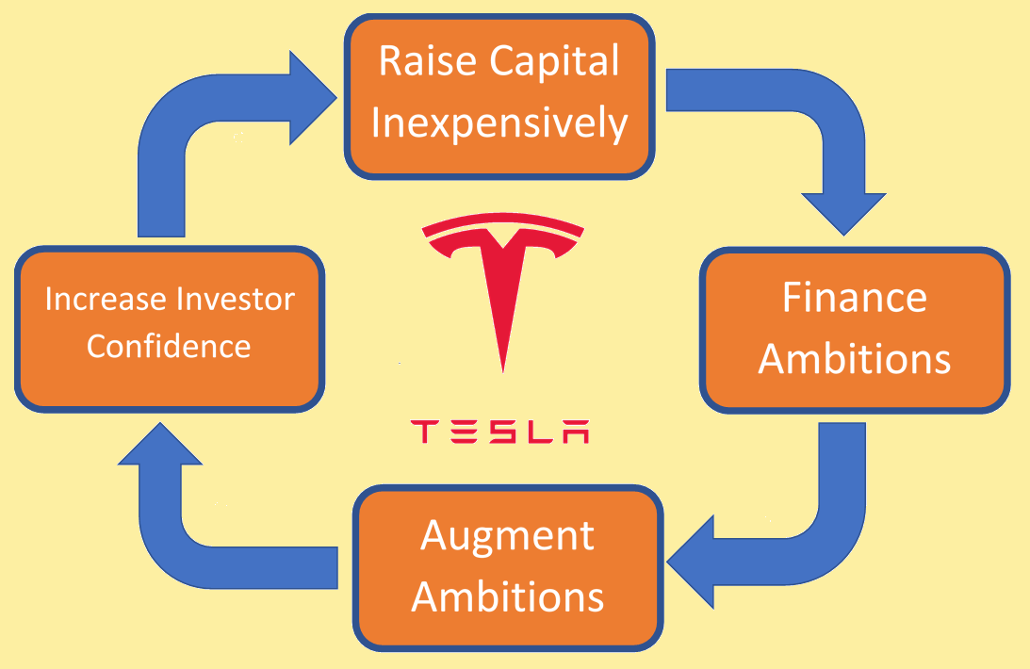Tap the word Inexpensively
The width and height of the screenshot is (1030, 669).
click(499, 124)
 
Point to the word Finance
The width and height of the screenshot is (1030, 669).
click(854, 298)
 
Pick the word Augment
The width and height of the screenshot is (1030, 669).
click(508, 537)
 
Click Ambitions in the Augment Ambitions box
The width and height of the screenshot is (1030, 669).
click(508, 597)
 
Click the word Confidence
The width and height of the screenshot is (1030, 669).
click(169, 346)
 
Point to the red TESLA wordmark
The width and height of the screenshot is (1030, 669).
click(500, 432)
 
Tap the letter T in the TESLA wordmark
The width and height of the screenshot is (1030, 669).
click(425, 432)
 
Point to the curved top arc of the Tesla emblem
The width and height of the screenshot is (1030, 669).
click(504, 222)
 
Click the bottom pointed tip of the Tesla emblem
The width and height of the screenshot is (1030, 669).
click(504, 366)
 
